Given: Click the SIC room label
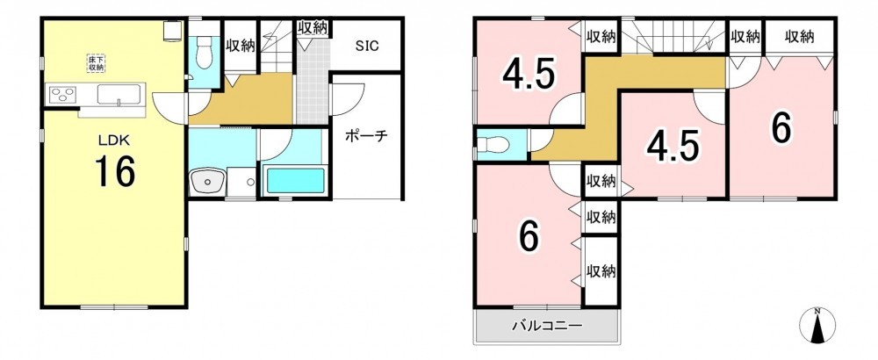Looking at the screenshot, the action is click(x=367, y=46).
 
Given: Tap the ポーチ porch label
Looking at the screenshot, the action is click(x=366, y=135).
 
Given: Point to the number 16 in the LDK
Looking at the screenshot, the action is click(x=114, y=171).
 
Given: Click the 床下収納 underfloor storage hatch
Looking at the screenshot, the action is click(x=96, y=62).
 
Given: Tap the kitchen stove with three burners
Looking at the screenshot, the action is click(x=61, y=95).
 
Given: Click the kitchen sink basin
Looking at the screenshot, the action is click(x=119, y=94).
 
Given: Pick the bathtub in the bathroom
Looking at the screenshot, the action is click(x=294, y=180).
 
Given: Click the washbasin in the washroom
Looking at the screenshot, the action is click(x=208, y=182).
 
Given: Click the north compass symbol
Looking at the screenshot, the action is click(x=817, y=325).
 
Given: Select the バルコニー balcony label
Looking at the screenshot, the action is click(x=547, y=325).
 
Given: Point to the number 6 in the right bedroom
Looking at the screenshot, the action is click(x=781, y=128).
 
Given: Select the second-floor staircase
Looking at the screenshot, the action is click(x=673, y=36).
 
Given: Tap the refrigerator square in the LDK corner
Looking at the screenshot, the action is click(x=172, y=31).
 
